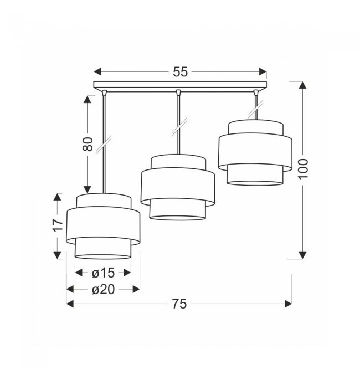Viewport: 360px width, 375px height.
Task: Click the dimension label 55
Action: click(x=181, y=72)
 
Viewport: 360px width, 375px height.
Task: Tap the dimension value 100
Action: click(x=303, y=168)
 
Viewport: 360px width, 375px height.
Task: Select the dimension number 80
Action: click(x=88, y=144)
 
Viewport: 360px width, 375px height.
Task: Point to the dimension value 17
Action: click(x=58, y=225)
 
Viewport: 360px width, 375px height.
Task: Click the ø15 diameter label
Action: click(x=104, y=273)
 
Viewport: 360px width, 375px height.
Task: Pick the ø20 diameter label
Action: click(x=104, y=290)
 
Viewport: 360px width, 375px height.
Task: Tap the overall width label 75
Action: click(x=179, y=304)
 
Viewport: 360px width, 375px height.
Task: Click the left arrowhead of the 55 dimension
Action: click(x=97, y=71)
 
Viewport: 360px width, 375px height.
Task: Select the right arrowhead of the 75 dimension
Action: click(x=288, y=304)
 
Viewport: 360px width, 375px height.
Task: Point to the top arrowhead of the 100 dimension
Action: click(x=303, y=85)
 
